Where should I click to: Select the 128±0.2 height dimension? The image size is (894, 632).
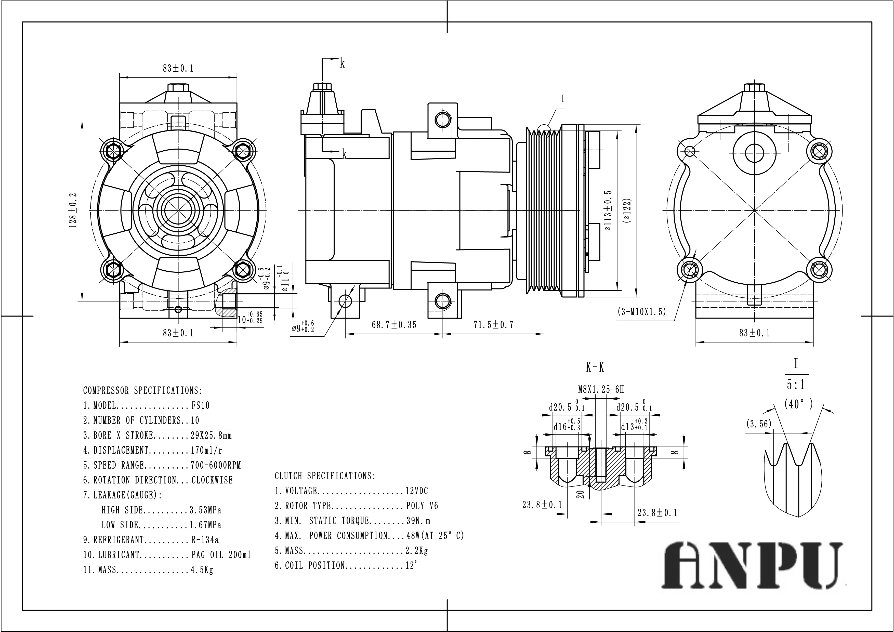pyautogui.click(x=73, y=210)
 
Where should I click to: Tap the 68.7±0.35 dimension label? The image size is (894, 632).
pyautogui.click(x=394, y=325)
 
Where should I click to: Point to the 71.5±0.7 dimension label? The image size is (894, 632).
pyautogui.click(x=493, y=325)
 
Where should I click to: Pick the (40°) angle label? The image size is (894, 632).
pyautogui.click(x=798, y=404)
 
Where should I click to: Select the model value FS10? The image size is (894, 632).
pyautogui.click(x=200, y=406)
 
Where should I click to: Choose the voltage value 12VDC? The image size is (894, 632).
pyautogui.click(x=417, y=491)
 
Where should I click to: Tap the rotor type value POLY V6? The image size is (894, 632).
pyautogui.click(x=422, y=506)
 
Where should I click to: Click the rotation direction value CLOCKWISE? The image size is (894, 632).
pyautogui.click(x=212, y=480)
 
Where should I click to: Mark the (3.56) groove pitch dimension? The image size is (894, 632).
pyautogui.click(x=758, y=424)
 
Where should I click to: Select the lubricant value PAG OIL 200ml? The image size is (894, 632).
pyautogui.click(x=221, y=555)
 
